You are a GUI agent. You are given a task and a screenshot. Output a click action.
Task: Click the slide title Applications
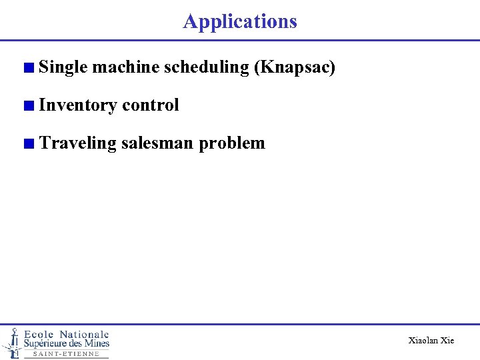pyautogui.click(x=240, y=21)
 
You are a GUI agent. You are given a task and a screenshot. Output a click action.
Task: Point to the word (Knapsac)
pyautogui.click(x=295, y=67)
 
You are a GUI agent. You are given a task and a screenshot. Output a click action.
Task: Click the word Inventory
pyautogui.click(x=78, y=105)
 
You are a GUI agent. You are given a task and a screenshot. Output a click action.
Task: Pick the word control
pyautogui.click(x=151, y=105)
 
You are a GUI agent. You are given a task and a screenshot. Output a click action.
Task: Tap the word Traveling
pyautogui.click(x=77, y=143)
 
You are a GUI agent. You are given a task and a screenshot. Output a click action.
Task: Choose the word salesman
pyautogui.click(x=157, y=143)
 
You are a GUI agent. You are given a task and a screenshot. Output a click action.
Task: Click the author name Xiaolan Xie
pyautogui.click(x=431, y=341)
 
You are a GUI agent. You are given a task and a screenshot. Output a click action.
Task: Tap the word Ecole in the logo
pyautogui.click(x=39, y=334)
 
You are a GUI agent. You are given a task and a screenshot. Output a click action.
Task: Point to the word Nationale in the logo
pyautogui.click(x=84, y=334)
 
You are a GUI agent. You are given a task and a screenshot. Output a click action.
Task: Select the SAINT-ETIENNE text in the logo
pyautogui.click(x=66, y=354)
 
